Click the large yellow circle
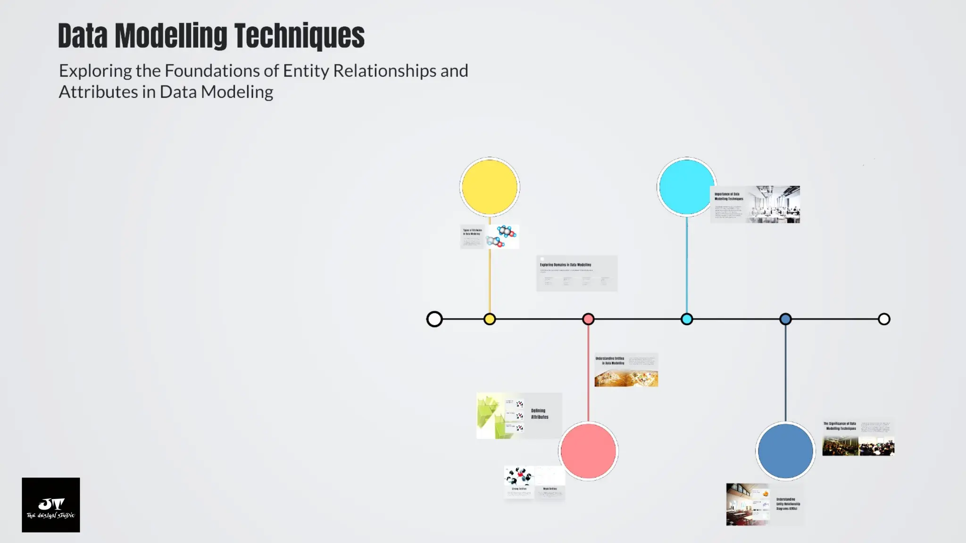click(x=490, y=187)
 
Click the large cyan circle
click(x=686, y=187)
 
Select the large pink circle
click(x=588, y=451)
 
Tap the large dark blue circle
click(x=785, y=451)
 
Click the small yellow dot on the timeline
click(x=490, y=319)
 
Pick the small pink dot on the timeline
click(x=588, y=319)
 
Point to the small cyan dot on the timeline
click(x=687, y=319)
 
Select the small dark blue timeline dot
click(x=785, y=319)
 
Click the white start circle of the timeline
click(x=434, y=319)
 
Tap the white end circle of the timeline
click(x=884, y=319)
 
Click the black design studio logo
click(x=51, y=505)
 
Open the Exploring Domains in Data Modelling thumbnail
click(x=576, y=273)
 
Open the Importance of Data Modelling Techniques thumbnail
click(x=755, y=204)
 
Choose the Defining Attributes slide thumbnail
click(x=519, y=415)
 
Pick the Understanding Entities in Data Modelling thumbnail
click(x=626, y=370)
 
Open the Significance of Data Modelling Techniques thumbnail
click(x=858, y=438)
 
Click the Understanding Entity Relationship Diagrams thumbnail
click(x=765, y=504)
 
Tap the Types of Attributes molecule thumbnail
click(x=490, y=237)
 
